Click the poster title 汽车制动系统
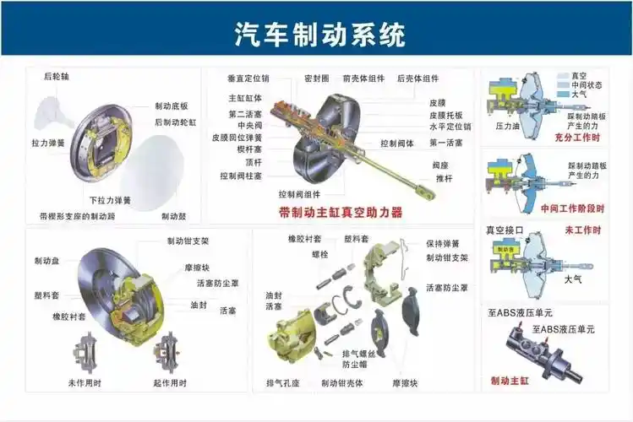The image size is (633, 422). click(x=319, y=35)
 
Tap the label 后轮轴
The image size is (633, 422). click(x=57, y=76)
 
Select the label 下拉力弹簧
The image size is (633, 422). click(x=111, y=200)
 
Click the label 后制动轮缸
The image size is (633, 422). click(x=175, y=122)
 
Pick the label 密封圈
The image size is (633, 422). click(x=316, y=78)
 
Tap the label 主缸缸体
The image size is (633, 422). click(x=244, y=97)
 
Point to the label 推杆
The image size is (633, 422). click(x=445, y=179)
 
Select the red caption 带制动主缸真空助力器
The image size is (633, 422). click(x=341, y=213)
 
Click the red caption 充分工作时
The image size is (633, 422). click(x=577, y=137)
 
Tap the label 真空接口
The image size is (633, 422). click(x=505, y=230)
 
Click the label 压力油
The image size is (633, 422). click(x=508, y=126)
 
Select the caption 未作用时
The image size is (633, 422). click(x=85, y=383)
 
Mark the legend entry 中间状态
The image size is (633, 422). click(x=587, y=84)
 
